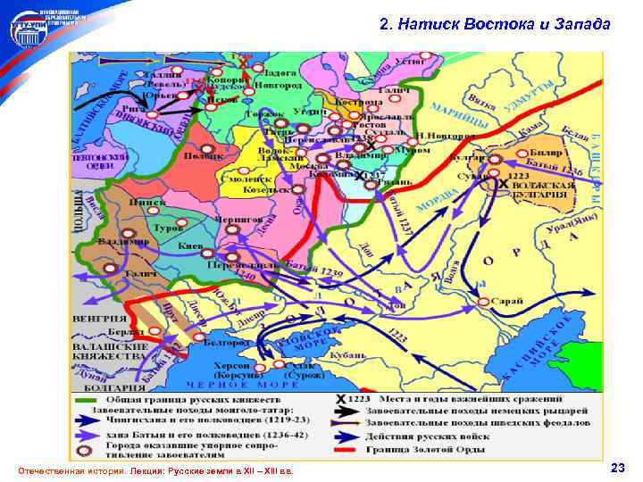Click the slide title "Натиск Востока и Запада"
click(x=495, y=24)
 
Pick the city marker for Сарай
click(x=484, y=302)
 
